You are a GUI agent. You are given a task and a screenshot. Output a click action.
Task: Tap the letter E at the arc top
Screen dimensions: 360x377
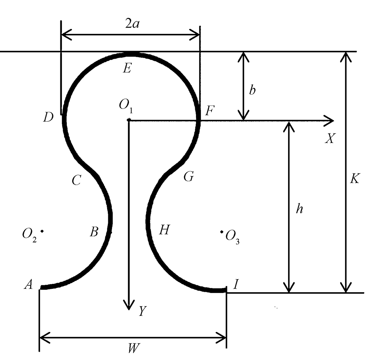[x=127, y=68]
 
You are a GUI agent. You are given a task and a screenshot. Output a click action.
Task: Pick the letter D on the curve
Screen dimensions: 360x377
[x=48, y=118]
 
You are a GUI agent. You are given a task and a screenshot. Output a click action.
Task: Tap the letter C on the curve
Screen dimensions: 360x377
[x=76, y=181]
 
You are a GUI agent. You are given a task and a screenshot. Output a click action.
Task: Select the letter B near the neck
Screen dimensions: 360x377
[x=94, y=231]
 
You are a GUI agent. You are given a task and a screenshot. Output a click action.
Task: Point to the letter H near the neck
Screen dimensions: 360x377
[x=164, y=230]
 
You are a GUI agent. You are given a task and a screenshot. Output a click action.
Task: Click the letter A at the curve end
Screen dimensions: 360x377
[x=28, y=285]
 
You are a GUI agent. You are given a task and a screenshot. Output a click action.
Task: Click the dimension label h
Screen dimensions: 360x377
[x=299, y=210]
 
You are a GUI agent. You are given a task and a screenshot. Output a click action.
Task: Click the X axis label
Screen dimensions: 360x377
[x=330, y=139]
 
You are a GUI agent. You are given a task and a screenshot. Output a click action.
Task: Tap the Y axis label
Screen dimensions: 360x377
[x=142, y=311]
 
